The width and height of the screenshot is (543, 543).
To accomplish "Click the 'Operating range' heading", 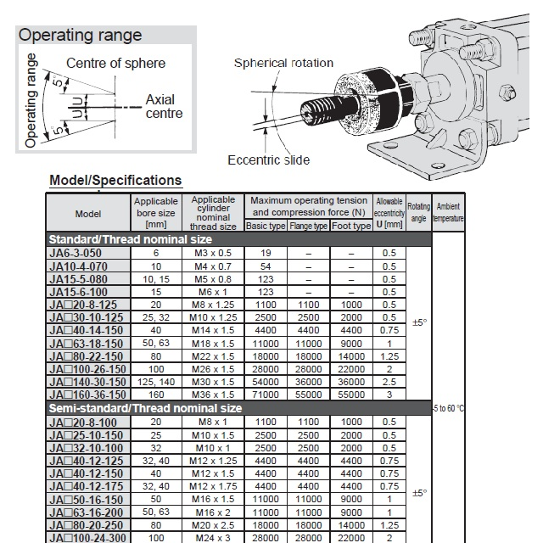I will click(x=81, y=36).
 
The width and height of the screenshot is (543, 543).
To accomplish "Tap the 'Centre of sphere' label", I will click(x=115, y=64).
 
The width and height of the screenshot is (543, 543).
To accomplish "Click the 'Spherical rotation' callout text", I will click(x=283, y=63).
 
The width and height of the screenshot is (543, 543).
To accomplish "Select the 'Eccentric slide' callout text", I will click(x=268, y=160).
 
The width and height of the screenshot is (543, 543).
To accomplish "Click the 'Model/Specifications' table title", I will click(x=115, y=180).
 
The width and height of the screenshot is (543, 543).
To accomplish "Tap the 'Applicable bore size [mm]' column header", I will click(x=155, y=213).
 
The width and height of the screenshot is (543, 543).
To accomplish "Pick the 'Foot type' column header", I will click(x=350, y=227).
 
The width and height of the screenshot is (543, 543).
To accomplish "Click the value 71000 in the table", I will click(x=266, y=395).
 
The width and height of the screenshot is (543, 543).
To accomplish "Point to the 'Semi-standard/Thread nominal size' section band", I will click(x=145, y=408).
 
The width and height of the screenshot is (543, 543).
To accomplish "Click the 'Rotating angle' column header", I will click(x=418, y=212).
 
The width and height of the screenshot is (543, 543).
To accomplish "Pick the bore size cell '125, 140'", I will click(x=155, y=382).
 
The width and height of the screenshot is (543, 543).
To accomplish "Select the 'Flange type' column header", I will click(x=309, y=227).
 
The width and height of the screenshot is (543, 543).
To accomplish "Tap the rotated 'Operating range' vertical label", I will click(x=31, y=100).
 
